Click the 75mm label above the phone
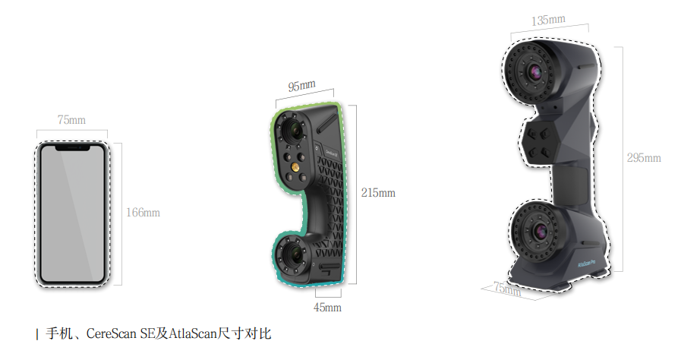(x=71, y=120)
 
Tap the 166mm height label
(x=143, y=213)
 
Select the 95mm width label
(x=302, y=85)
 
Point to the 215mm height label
(x=378, y=192)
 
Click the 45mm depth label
(x=327, y=308)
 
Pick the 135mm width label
(x=549, y=20)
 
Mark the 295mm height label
(x=644, y=158)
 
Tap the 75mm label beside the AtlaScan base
(x=507, y=289)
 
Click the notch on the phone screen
(x=72, y=148)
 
